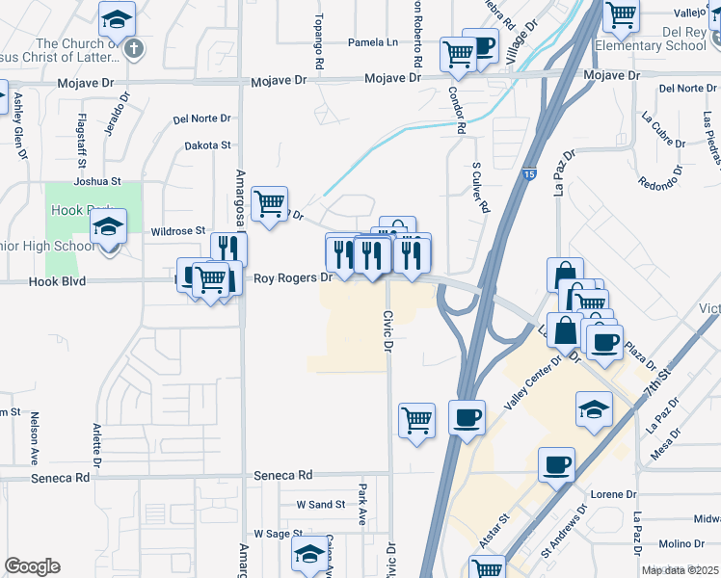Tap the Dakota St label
(x=208, y=145)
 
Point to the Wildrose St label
(x=179, y=231)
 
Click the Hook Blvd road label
(x=57, y=281)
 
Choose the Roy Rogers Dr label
(x=292, y=278)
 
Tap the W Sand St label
(x=320, y=504)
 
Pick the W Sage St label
(x=278, y=533)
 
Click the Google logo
(x=32, y=566)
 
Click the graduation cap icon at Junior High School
(x=109, y=228)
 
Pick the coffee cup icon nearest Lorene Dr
(x=556, y=465)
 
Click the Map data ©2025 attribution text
(x=680, y=570)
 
